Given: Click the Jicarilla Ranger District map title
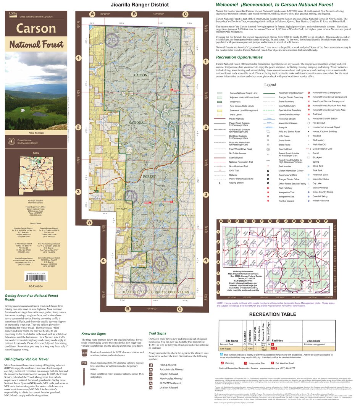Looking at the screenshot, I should pyautogui.click(x=139, y=5).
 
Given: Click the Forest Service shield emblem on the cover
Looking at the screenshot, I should pyautogui.click(x=11, y=141).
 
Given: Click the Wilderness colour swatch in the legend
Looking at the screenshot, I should pyautogui.click(x=220, y=102).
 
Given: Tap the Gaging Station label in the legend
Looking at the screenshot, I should pyautogui.click(x=236, y=183).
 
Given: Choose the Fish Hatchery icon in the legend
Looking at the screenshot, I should pyautogui.click(x=268, y=188).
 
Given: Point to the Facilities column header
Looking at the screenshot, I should pyautogui.click(x=277, y=340).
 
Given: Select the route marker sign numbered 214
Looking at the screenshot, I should pyautogui.click(x=84, y=363).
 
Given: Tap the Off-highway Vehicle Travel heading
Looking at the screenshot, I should pyautogui.click(x=26, y=359).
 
